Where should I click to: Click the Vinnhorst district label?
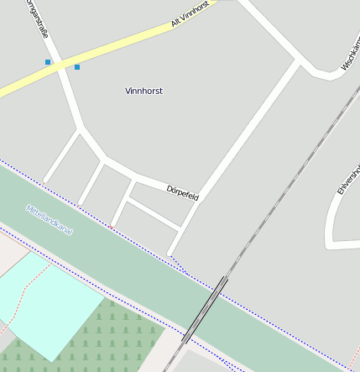coord(143,91)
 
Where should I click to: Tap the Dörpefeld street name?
coord(182,192)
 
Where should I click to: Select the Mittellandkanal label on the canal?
coord(50,219)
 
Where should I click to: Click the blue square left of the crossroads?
coord(48,62)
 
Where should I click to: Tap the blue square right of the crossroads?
coord(77,66)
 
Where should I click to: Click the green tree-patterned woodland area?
coord(126,336)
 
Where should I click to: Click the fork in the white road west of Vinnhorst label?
coord(81,130)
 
